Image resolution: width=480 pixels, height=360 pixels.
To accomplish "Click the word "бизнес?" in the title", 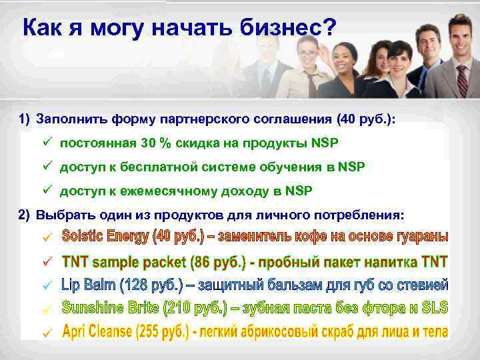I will pyautogui.click(x=289, y=28).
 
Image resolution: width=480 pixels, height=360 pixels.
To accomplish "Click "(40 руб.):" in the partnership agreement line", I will pyautogui.click(x=366, y=119).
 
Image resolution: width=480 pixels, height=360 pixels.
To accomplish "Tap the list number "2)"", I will pyautogui.click(x=25, y=215).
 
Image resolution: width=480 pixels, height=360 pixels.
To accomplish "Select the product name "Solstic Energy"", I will pyautogui.click(x=105, y=237).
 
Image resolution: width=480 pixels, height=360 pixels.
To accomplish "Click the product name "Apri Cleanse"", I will pyautogui.click(x=100, y=331).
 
